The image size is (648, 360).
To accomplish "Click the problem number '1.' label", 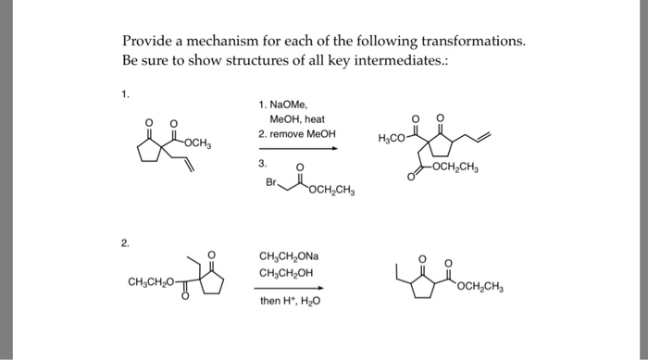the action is (126, 94).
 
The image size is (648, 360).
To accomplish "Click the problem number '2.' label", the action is (126, 244).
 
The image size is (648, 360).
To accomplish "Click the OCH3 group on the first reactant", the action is (198, 142).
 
